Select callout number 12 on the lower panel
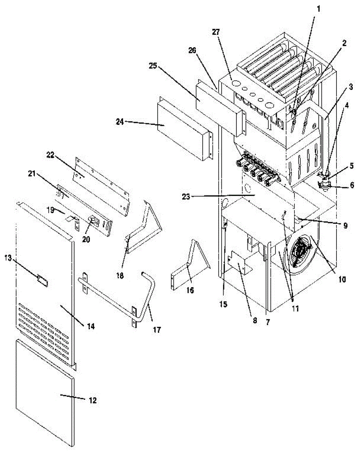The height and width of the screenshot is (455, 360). point(92,400)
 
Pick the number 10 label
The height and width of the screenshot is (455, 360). point(342,280)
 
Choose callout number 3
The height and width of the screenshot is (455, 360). point(351,86)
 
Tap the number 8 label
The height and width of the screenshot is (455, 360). point(254,320)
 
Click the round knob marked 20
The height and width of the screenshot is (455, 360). point(92,219)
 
